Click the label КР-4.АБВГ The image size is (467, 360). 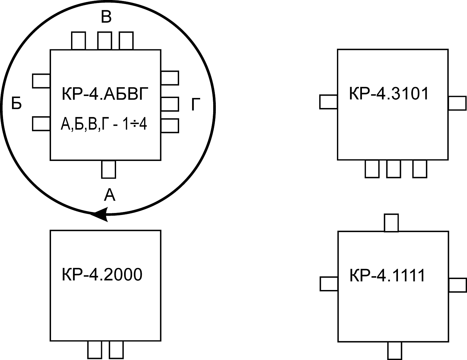(104, 94)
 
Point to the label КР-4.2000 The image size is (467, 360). (102, 275)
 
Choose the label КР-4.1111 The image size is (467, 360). (387, 276)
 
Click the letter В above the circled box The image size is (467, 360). (106, 17)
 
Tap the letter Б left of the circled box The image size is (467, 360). (16, 104)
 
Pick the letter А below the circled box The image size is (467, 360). (109, 195)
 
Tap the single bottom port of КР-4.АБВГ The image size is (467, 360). (108, 169)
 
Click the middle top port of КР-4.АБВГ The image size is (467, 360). (104, 41)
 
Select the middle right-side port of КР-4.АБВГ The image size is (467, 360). (170, 104)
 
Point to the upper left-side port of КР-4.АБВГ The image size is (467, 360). (41, 81)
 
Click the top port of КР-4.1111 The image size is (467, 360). (391, 223)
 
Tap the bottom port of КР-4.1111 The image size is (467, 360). (395, 351)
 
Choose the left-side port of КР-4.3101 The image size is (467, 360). (329, 102)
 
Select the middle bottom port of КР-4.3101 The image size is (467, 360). (394, 169)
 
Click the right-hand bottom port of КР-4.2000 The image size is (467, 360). (116, 350)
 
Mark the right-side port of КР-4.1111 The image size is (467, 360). (457, 285)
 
